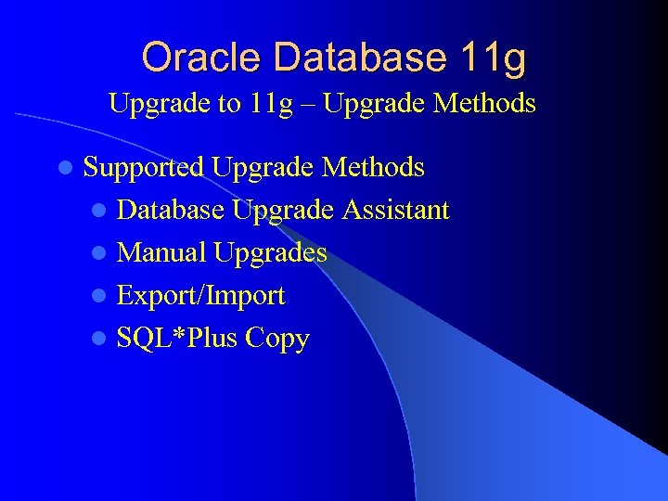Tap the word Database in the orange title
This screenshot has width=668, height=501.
[348, 58]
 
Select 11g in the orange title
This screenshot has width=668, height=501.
[492, 59]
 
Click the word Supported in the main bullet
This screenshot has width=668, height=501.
[143, 168]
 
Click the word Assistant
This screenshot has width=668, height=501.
[395, 211]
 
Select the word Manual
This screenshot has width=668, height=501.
[162, 252]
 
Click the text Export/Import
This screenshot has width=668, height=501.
[201, 296]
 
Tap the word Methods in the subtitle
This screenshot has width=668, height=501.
[485, 103]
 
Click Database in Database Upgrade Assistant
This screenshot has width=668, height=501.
[171, 211]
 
